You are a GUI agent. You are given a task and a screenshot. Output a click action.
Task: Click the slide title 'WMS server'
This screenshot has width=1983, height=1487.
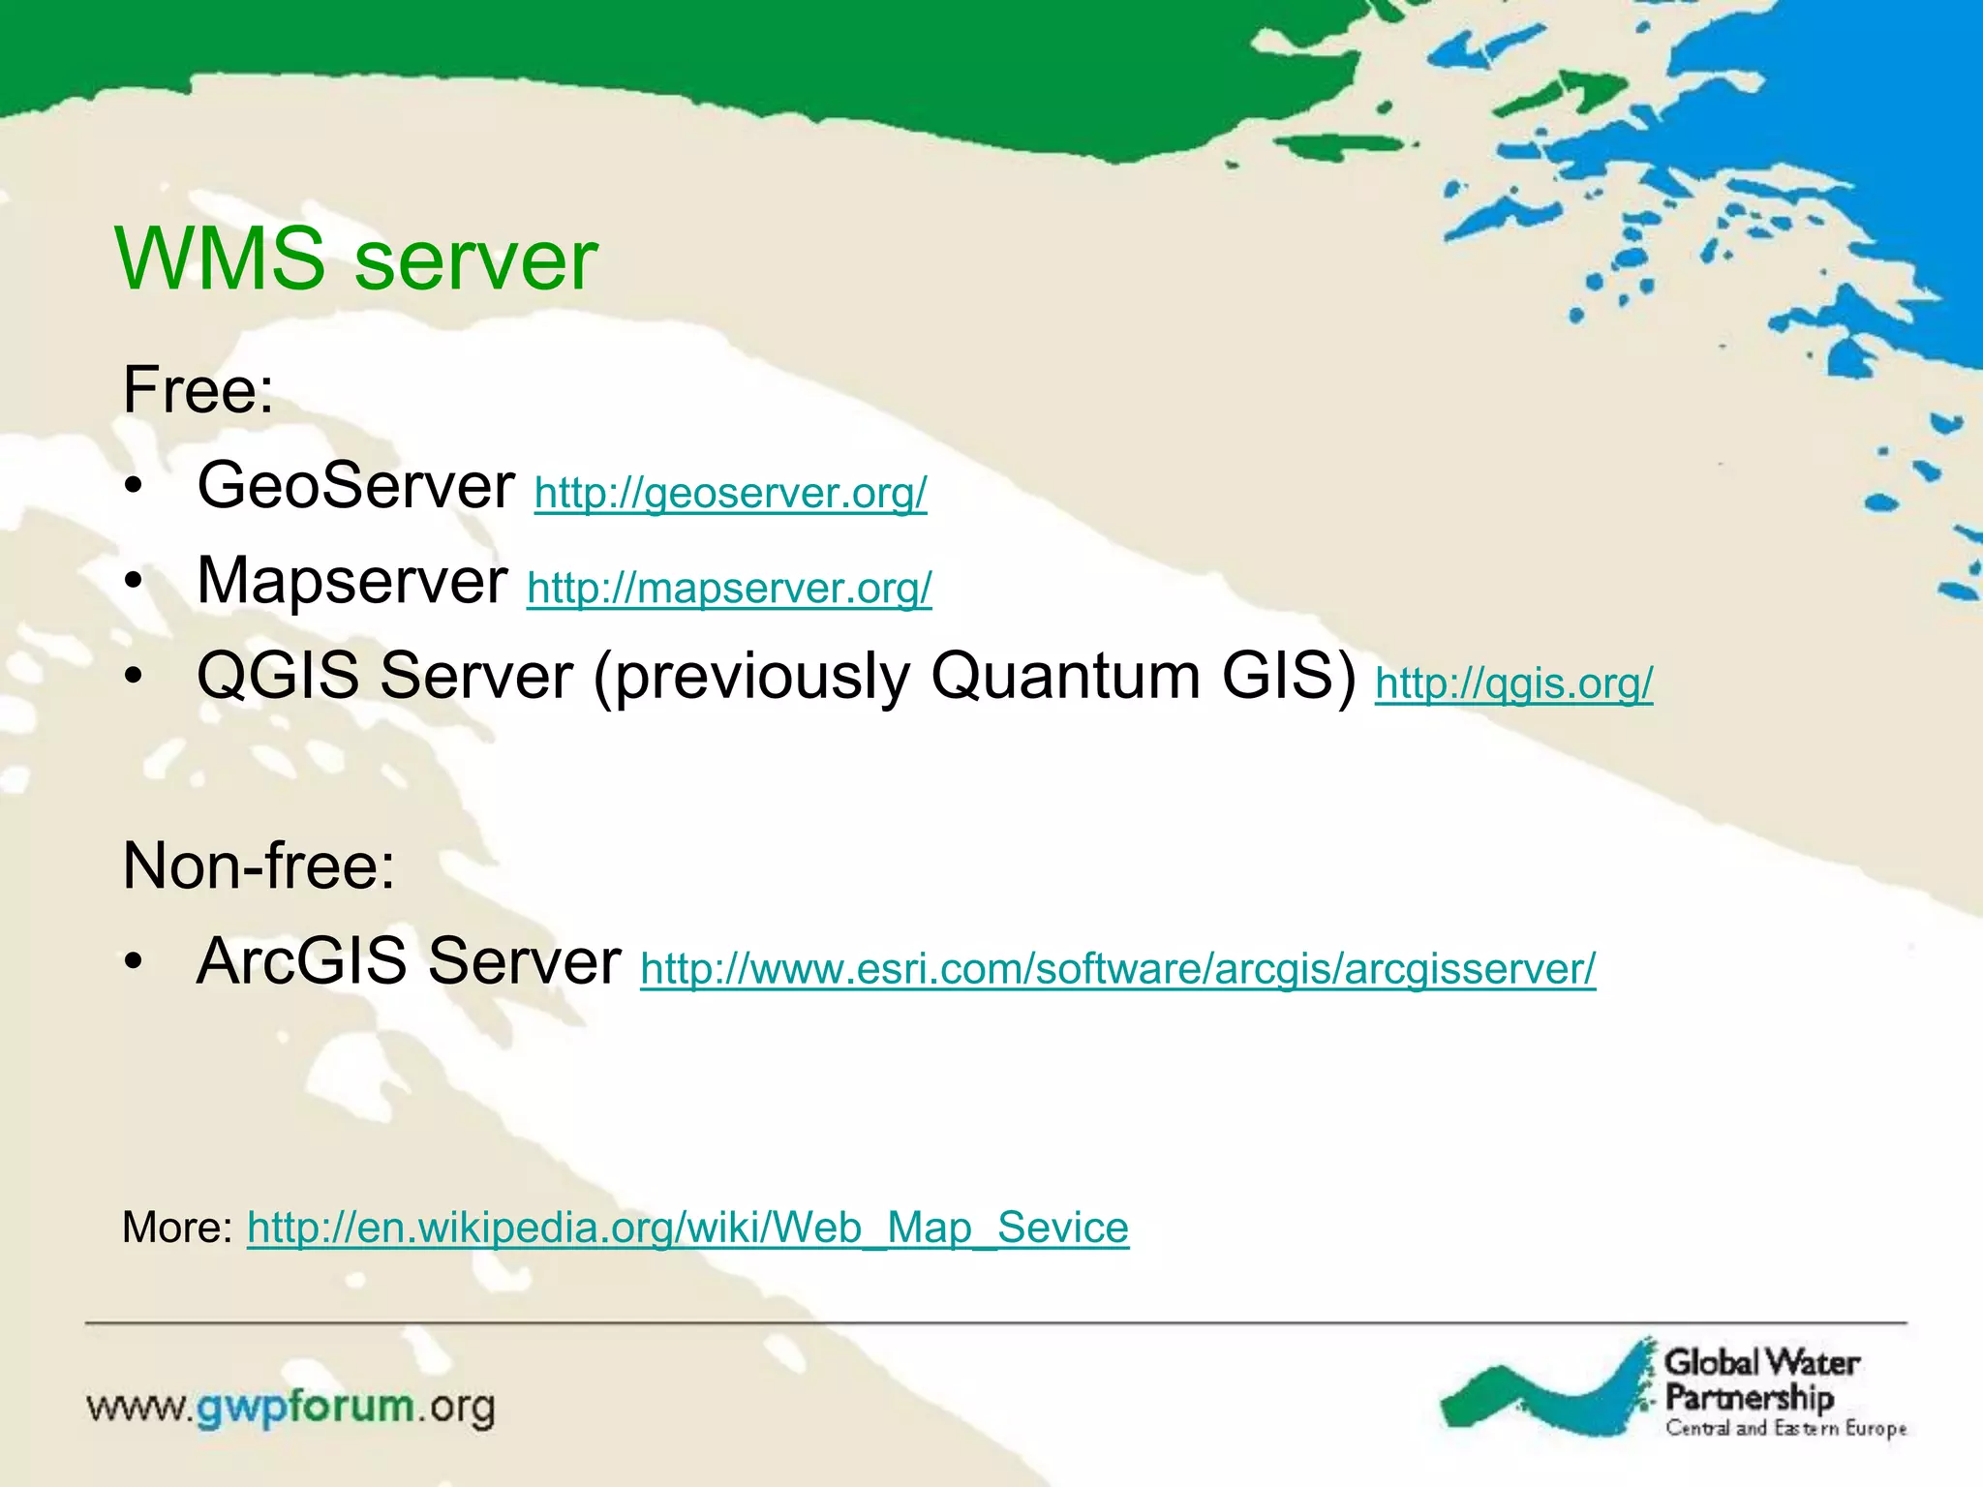[355, 259]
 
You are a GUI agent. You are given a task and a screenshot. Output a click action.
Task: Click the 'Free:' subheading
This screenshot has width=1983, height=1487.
[198, 390]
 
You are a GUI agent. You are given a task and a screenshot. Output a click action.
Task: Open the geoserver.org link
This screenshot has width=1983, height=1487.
[730, 493]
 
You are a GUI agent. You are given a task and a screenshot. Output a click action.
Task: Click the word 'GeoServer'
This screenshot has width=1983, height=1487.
[355, 485]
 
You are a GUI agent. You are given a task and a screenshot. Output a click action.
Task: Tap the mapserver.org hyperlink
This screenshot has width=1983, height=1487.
[729, 588]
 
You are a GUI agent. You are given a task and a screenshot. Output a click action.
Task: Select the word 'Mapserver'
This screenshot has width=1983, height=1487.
[352, 581]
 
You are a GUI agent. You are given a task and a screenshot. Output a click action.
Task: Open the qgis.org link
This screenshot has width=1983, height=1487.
[1513, 683]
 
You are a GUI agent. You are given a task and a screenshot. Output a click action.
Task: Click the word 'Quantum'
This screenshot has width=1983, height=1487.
[1065, 675]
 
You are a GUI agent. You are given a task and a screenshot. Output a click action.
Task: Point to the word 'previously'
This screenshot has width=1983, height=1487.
[751, 677]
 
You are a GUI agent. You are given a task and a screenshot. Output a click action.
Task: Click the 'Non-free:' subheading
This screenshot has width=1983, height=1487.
[259, 865]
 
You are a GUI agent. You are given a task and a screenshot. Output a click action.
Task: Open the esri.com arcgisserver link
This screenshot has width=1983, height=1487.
[1117, 968]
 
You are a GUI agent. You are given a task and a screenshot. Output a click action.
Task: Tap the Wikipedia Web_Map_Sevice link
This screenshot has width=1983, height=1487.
[687, 1228]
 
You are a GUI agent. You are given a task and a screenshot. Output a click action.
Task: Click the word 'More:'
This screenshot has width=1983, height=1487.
[177, 1228]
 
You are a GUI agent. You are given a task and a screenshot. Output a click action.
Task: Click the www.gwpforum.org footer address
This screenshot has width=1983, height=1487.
[290, 1407]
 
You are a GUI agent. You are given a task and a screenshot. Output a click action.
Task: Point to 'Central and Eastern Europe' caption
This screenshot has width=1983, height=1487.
[1785, 1429]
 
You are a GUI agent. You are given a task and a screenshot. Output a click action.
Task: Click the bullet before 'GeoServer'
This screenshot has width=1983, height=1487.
[134, 487]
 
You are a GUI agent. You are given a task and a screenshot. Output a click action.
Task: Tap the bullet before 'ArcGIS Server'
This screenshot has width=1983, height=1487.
[134, 962]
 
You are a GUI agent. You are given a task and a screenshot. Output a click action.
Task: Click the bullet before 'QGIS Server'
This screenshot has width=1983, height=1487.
[134, 677]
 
